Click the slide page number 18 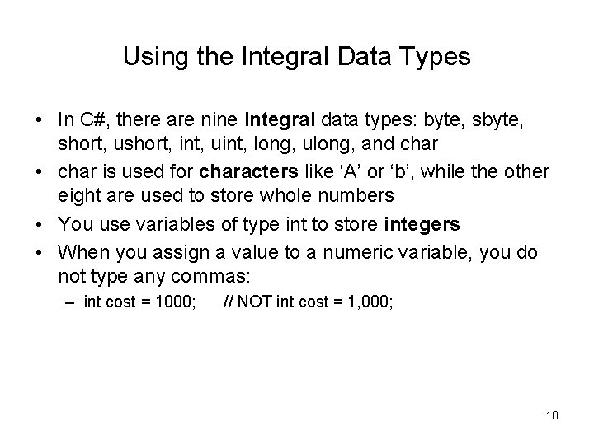click(551, 415)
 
